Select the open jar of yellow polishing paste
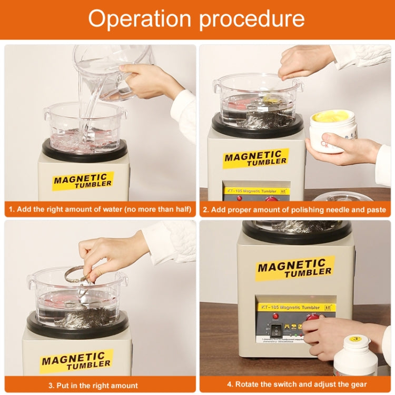[x=332, y=129]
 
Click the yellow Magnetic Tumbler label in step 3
[x=76, y=361]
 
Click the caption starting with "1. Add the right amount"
[x=100, y=210]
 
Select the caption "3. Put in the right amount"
[x=100, y=385]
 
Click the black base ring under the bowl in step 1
[x=84, y=151]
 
